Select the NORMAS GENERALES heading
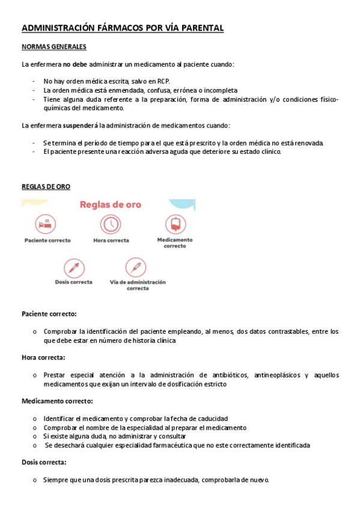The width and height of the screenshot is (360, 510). click(54, 47)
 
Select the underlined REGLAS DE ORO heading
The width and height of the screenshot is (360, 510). click(46, 186)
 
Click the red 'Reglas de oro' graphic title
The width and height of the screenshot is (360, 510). click(111, 205)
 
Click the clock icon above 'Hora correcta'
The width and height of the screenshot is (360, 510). click(111, 224)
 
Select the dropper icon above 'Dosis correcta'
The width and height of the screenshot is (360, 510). click(74, 267)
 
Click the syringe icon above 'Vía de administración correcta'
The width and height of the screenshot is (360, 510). click(136, 267)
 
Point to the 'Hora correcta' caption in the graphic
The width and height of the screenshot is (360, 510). click(111, 240)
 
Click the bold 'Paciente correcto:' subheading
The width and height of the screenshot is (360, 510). click(49, 314)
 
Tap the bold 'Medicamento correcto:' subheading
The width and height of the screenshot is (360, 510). click(57, 401)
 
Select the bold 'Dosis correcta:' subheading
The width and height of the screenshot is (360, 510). click(44, 462)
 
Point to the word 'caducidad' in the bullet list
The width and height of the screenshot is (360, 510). click(212, 419)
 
